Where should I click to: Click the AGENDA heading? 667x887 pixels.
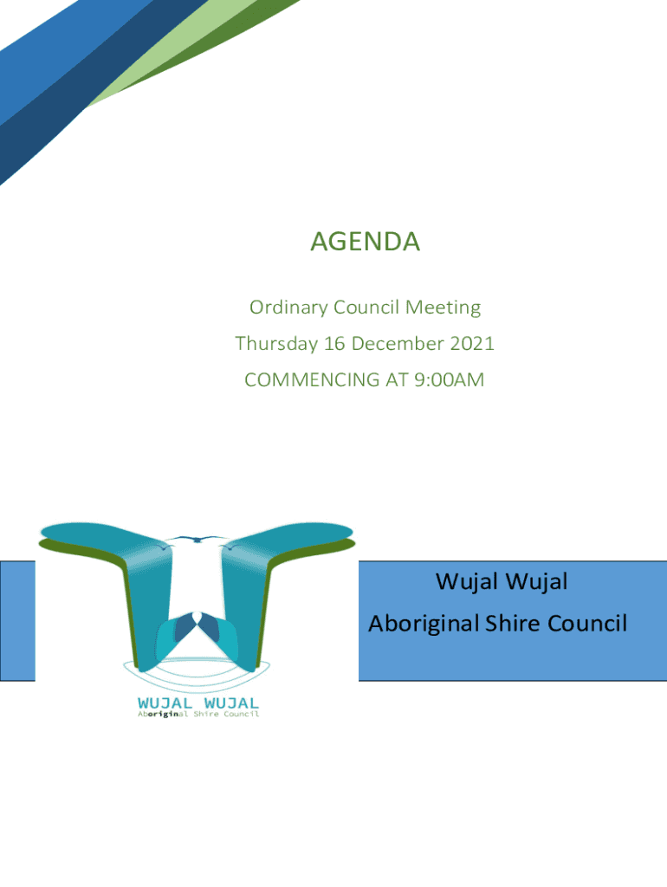(x=365, y=242)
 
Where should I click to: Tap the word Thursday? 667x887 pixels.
(x=276, y=344)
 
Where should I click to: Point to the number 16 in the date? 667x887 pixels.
(x=333, y=344)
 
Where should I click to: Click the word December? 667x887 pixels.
(x=398, y=344)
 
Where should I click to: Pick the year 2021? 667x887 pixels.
(x=472, y=344)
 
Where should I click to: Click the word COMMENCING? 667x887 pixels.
(x=313, y=379)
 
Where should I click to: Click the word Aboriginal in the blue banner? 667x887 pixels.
(x=424, y=624)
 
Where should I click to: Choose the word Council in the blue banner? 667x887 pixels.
(x=587, y=624)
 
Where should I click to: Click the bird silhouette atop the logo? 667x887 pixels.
(x=198, y=539)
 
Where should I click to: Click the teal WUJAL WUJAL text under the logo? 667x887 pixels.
(x=198, y=703)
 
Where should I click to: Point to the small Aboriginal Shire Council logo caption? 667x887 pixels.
(x=198, y=715)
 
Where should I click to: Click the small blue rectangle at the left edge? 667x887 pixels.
(x=17, y=620)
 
